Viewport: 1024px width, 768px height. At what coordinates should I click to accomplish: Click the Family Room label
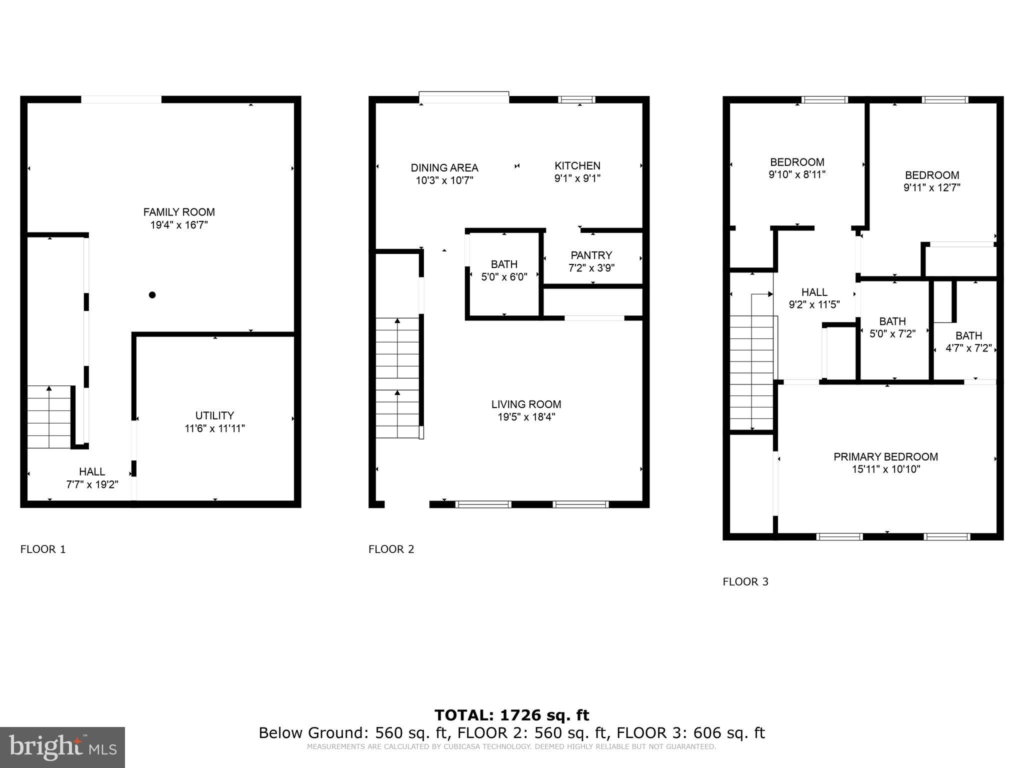coord(179,212)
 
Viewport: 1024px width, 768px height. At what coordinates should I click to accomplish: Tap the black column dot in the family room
coord(152,295)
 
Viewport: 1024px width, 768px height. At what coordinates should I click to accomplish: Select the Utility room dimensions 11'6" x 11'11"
coord(214,428)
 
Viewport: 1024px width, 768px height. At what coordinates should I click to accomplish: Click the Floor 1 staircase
coord(49,416)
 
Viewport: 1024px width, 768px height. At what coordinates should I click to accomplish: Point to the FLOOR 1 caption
coord(43,549)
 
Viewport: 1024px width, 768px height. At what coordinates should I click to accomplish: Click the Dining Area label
coord(444,167)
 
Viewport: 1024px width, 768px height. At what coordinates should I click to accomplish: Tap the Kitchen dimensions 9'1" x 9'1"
coord(577,178)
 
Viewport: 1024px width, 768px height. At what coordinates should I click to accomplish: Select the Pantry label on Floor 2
coord(591,255)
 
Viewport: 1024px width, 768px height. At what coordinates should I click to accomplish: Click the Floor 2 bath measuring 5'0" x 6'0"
coord(504,270)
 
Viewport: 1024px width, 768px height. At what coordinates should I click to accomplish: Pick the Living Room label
coord(526,404)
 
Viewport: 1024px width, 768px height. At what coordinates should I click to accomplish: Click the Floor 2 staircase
coord(397,377)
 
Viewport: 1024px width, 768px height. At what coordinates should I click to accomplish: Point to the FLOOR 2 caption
coord(391,549)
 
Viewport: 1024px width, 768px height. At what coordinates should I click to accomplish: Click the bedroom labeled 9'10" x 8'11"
coord(797,168)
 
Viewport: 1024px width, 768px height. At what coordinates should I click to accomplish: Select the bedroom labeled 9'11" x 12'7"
coord(932,181)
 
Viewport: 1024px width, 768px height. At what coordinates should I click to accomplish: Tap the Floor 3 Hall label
coord(814,292)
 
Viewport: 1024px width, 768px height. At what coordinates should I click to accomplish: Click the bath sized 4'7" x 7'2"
coord(968,342)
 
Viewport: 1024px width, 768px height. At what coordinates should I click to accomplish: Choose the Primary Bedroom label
coord(885,456)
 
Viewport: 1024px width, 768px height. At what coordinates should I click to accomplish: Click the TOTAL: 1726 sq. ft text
coord(511,715)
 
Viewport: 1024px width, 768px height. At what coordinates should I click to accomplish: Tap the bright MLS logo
coord(62,747)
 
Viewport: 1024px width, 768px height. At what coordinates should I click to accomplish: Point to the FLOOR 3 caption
coord(745,581)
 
